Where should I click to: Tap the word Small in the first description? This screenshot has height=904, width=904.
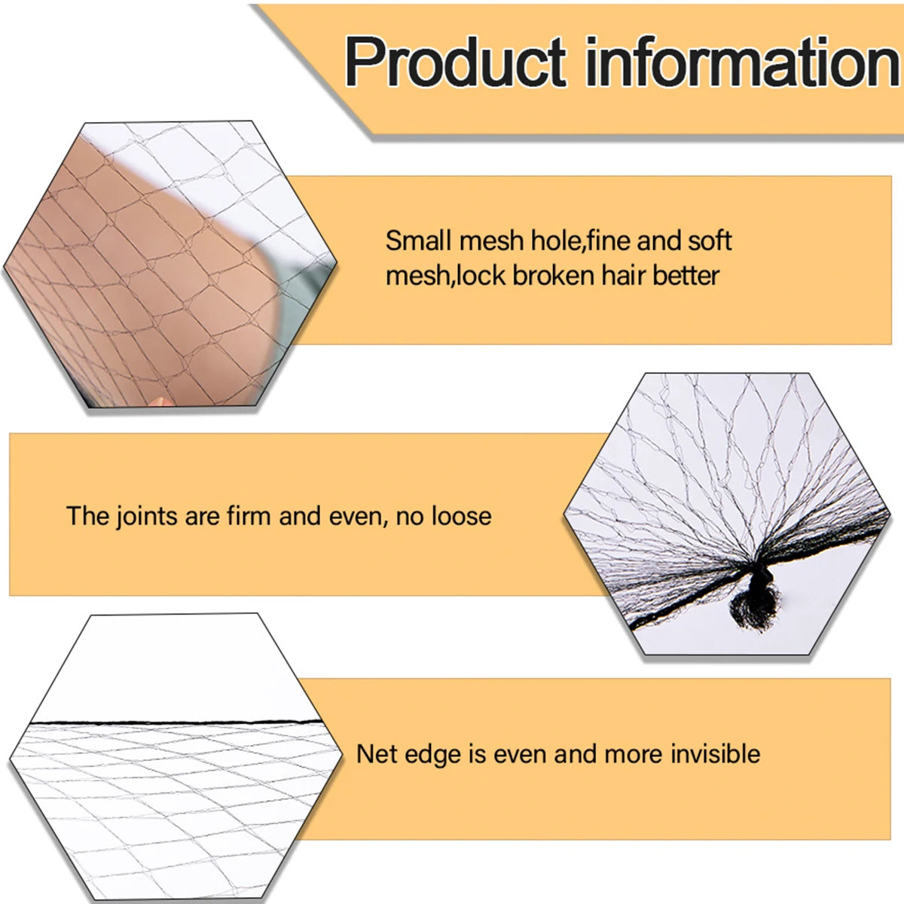point(418,241)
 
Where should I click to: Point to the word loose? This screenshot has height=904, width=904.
point(461,517)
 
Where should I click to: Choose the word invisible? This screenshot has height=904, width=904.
point(715,754)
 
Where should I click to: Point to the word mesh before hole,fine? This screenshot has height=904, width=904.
point(491,241)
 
